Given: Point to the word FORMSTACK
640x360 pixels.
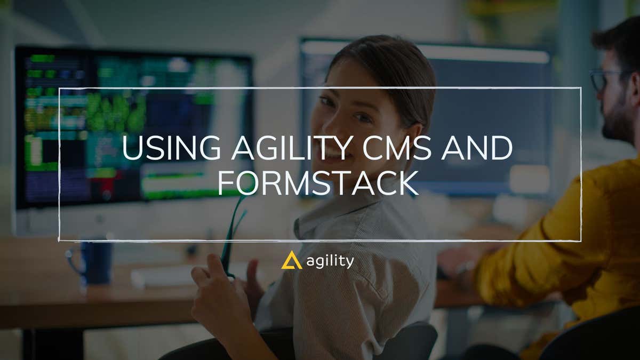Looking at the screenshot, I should [x=317, y=183].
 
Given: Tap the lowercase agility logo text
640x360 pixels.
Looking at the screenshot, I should [x=330, y=261].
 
